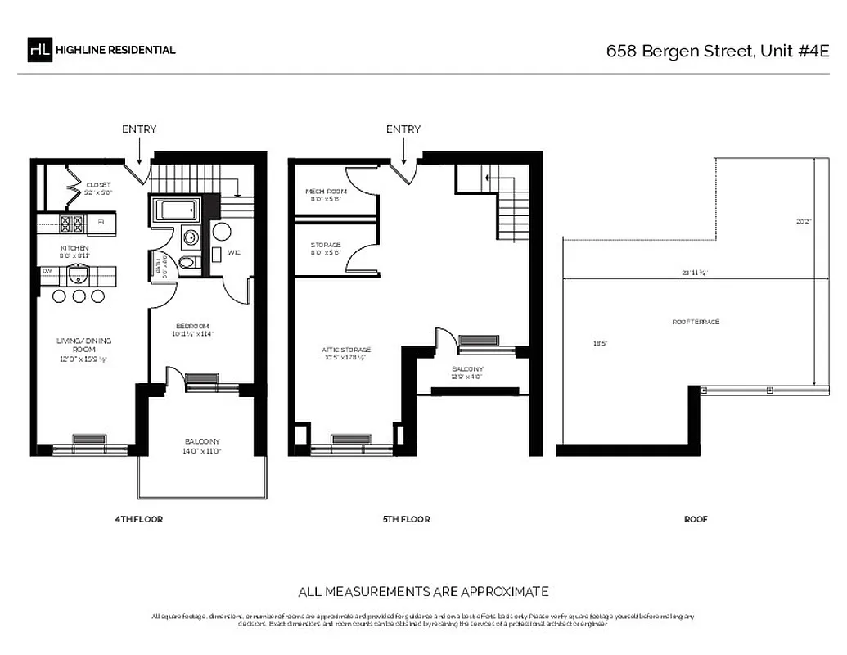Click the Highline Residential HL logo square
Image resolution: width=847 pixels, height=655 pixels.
coord(39,50)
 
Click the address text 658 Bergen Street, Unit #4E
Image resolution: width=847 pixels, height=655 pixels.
coord(717,51)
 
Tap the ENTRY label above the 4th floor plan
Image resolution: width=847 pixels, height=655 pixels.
coord(139,129)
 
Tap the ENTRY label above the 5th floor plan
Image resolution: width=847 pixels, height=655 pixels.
coord(403,129)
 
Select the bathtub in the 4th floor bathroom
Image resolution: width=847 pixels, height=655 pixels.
coord(178,210)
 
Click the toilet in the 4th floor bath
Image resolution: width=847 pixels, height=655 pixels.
coord(187,263)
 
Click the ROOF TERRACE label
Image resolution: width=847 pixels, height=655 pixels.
coord(696,322)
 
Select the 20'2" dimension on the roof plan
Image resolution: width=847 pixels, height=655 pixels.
coord(804,221)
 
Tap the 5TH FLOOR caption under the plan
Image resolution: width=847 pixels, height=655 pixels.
coord(407,519)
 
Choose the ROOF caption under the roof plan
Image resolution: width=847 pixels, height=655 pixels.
coord(696,519)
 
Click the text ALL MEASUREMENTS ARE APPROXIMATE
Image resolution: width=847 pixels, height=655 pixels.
coord(423,591)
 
